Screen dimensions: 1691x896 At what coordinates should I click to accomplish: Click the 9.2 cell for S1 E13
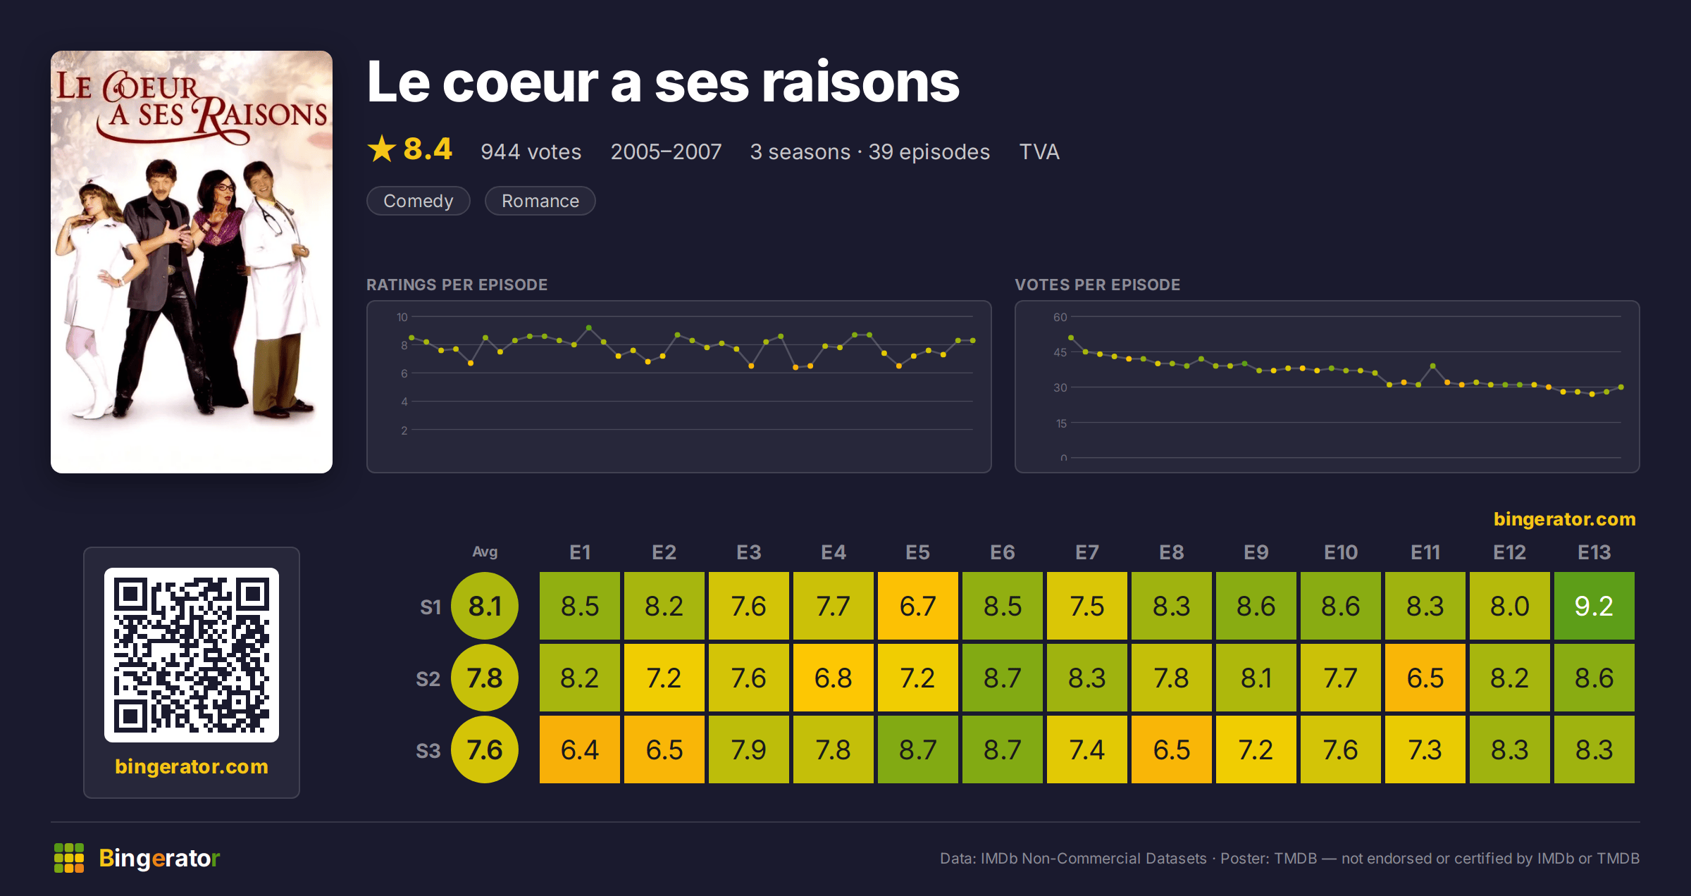pos(1594,606)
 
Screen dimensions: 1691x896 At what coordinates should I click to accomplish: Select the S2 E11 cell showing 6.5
pos(1425,678)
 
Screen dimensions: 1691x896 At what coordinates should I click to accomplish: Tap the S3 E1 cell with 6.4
pos(579,749)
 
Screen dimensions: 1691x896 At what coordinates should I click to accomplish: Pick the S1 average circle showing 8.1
pos(485,606)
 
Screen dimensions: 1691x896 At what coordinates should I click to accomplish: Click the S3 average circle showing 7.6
pos(485,749)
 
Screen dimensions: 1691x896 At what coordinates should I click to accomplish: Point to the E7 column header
pos(1086,552)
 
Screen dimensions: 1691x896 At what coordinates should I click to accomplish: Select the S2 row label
pos(428,679)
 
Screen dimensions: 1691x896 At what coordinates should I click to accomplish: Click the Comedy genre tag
pos(419,201)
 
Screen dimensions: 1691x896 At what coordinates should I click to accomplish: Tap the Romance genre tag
pos(540,201)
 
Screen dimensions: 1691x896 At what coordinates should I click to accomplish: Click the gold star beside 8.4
pos(382,149)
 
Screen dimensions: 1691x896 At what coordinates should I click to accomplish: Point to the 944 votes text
pos(531,151)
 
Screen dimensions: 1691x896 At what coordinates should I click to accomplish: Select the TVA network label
pos(1039,151)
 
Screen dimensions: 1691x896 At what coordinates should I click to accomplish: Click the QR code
pos(192,655)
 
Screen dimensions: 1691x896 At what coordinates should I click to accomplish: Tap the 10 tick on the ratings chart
pos(402,317)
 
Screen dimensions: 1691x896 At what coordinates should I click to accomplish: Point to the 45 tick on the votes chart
pos(1060,352)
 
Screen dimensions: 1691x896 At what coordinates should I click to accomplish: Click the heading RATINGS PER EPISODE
pos(457,285)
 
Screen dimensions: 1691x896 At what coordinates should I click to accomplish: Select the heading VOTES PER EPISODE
pos(1097,285)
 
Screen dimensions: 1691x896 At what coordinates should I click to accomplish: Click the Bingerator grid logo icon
pos(69,858)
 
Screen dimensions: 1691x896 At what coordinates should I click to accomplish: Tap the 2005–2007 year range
pos(666,151)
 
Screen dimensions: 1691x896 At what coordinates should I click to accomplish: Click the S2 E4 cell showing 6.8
pos(833,678)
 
